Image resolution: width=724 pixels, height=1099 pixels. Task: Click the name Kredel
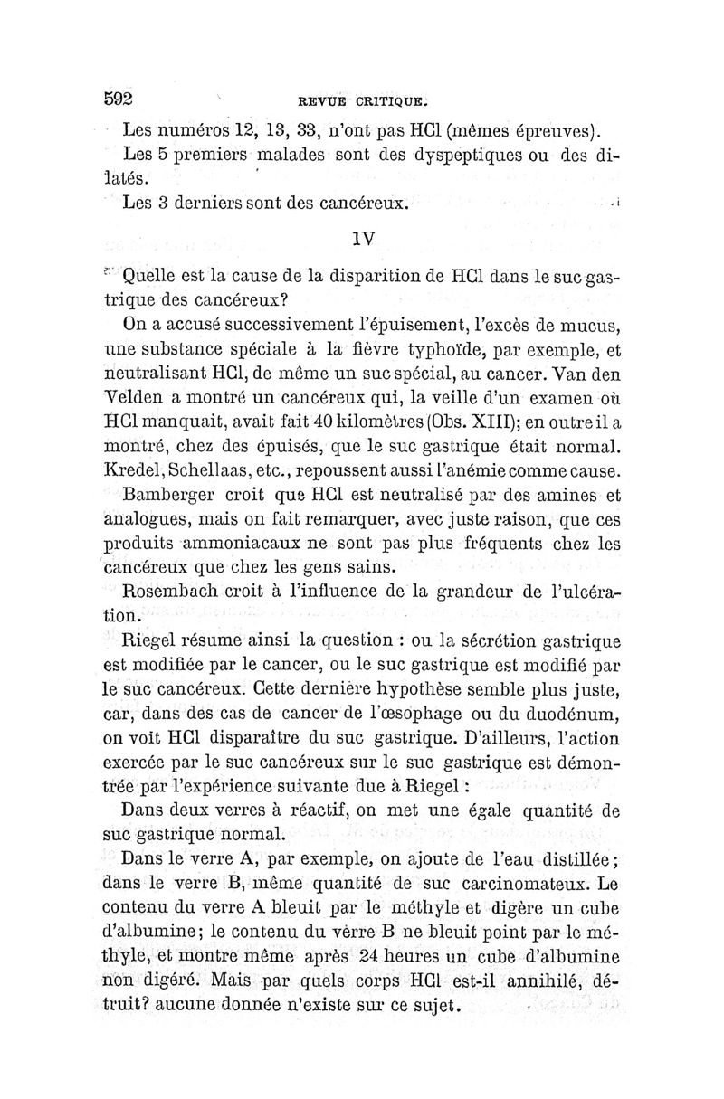(x=134, y=470)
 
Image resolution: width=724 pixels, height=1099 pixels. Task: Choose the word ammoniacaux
(x=246, y=545)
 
